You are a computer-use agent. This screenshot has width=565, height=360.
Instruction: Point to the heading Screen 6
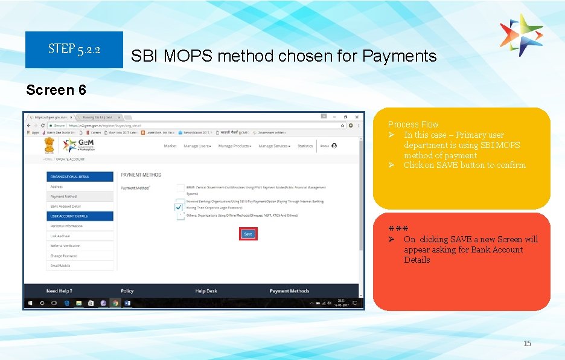click(56, 90)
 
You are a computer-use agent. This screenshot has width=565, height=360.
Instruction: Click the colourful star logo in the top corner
click(522, 35)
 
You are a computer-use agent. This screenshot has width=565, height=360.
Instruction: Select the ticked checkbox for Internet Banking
click(179, 207)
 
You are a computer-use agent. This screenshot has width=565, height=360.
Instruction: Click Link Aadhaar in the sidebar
click(60, 236)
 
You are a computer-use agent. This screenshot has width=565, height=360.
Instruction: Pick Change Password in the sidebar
click(65, 256)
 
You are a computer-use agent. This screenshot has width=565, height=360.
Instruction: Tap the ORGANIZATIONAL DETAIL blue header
click(79, 176)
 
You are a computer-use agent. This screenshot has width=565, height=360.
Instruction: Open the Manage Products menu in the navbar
click(235, 146)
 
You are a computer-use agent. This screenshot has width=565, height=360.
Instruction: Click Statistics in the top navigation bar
click(305, 146)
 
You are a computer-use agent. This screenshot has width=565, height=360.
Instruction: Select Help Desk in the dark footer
click(206, 291)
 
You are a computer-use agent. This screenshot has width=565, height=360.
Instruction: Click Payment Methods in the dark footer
click(289, 291)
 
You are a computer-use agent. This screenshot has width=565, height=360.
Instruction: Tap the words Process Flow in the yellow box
click(413, 124)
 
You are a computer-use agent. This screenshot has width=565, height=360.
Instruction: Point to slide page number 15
click(527, 344)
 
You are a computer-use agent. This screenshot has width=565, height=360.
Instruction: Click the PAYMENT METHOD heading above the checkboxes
click(141, 175)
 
